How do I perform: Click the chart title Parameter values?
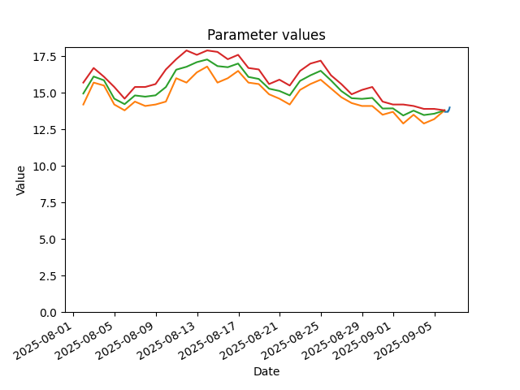(x=266, y=35)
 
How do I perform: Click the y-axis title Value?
(x=20, y=180)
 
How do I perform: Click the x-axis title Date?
(x=266, y=371)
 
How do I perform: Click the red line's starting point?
(x=83, y=83)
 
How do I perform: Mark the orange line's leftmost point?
(x=83, y=105)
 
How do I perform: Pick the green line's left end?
(x=83, y=94)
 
